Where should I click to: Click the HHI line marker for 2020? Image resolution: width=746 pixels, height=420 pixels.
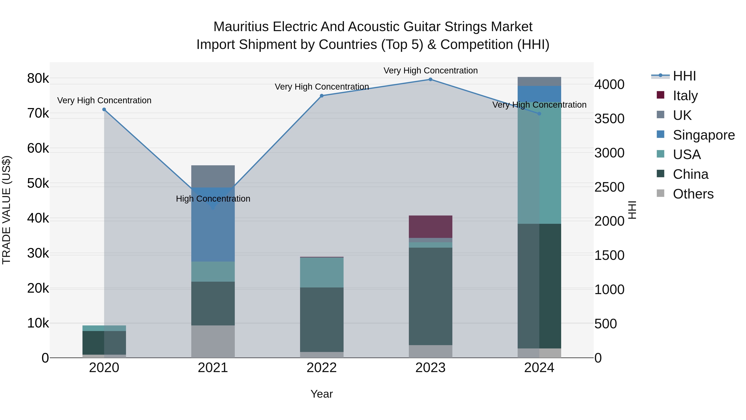pos(104,110)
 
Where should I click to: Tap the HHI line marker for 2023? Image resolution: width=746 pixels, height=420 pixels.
pos(430,79)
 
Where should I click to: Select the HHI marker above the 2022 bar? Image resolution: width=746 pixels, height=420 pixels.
pos(322,96)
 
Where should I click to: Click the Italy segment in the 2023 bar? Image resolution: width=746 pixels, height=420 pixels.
pos(430,227)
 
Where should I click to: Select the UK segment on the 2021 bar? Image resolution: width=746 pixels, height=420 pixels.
pos(213,176)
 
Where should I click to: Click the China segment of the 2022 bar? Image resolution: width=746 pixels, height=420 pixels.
pos(322,319)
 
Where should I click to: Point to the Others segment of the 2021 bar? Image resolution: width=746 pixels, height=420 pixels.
pos(213,341)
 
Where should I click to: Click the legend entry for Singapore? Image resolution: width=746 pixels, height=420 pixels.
pos(704,135)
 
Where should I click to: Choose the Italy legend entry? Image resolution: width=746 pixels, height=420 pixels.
pos(685,96)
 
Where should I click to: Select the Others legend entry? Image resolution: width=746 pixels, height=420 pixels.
pos(693,194)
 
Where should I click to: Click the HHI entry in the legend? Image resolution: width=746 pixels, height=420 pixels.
pos(684,76)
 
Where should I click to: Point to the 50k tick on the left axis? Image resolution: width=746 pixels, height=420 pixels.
pos(38,183)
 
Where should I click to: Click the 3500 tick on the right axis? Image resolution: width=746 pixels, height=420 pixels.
pos(609,119)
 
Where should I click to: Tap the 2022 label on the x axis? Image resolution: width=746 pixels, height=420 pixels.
pos(322,368)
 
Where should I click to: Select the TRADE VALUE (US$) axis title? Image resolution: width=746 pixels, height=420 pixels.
pos(6,210)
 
